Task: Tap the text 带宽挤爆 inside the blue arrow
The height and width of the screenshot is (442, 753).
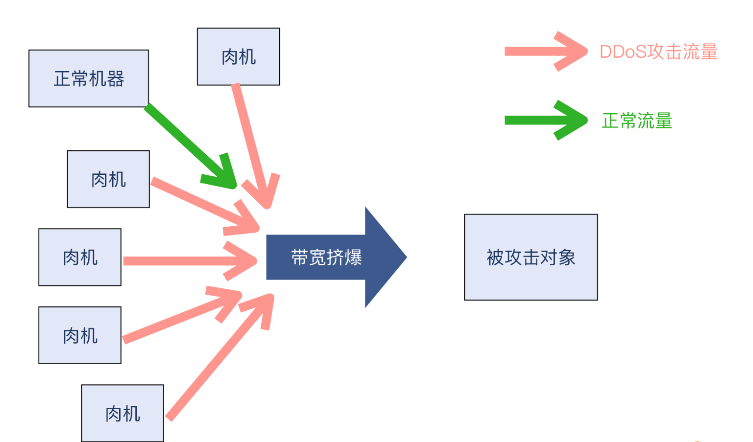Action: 326,257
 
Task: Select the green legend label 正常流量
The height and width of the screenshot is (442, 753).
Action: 637,121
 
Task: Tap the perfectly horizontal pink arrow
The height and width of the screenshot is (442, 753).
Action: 183,261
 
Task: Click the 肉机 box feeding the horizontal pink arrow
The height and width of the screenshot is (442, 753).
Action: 80,257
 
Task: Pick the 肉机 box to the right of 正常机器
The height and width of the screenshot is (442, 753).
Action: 238,57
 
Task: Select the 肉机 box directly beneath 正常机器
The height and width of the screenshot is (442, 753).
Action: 108,179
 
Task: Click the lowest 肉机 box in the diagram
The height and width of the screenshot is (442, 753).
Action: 123,413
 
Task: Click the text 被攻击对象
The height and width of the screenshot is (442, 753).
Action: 531,257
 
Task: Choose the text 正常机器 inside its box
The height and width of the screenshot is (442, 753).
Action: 89,79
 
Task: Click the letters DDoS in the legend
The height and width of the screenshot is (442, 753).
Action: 622,52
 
